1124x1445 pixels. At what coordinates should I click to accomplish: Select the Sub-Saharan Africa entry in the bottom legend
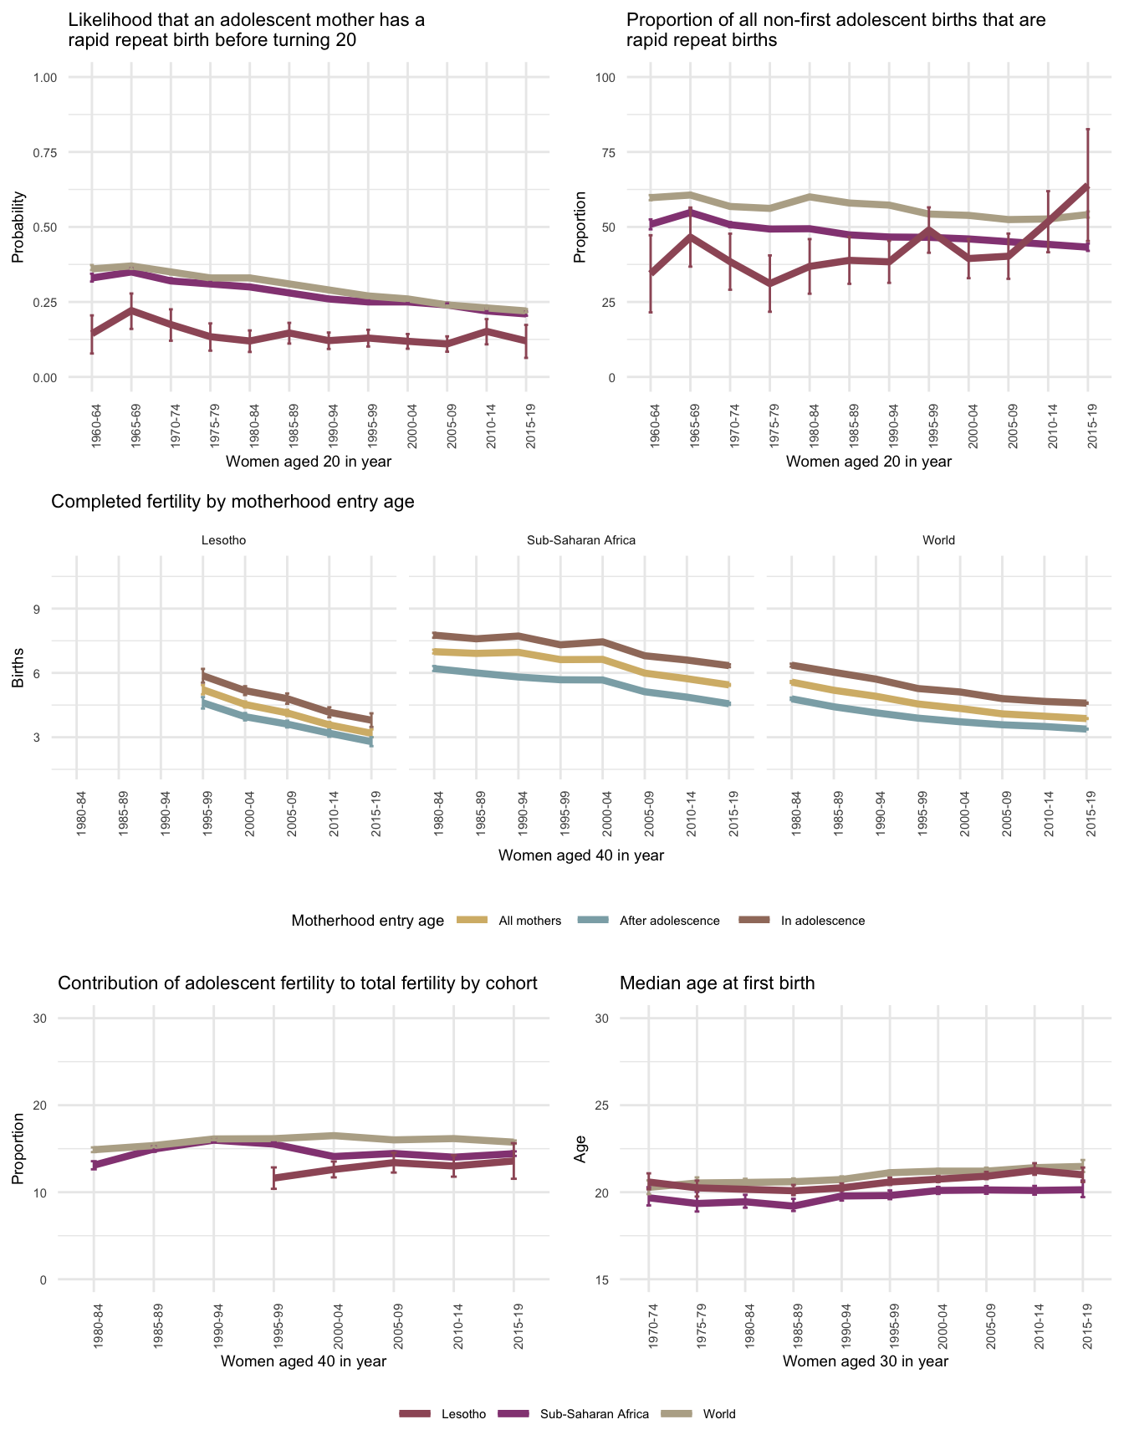tap(594, 1414)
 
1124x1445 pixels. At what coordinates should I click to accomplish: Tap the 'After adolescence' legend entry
tap(669, 921)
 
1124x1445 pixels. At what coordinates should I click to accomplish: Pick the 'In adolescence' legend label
tap(823, 921)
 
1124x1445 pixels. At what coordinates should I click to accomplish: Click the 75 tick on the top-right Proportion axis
tap(605, 152)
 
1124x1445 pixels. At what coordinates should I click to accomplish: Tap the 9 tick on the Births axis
tap(37, 609)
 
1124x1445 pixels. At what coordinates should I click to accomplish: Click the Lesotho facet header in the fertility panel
tap(224, 540)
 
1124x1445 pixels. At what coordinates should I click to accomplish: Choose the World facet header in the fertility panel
tap(938, 540)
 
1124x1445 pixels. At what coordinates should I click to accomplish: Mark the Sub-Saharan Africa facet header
tap(581, 540)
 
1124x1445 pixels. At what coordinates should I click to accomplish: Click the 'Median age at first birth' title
tap(717, 983)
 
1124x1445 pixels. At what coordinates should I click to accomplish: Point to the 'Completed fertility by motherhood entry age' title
tap(232, 502)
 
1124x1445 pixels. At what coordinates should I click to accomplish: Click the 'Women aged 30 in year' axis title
tap(866, 1361)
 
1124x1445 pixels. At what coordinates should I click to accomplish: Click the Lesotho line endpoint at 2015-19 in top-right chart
tap(1087, 186)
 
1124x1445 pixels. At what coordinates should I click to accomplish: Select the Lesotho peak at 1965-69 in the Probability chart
tap(131, 310)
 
